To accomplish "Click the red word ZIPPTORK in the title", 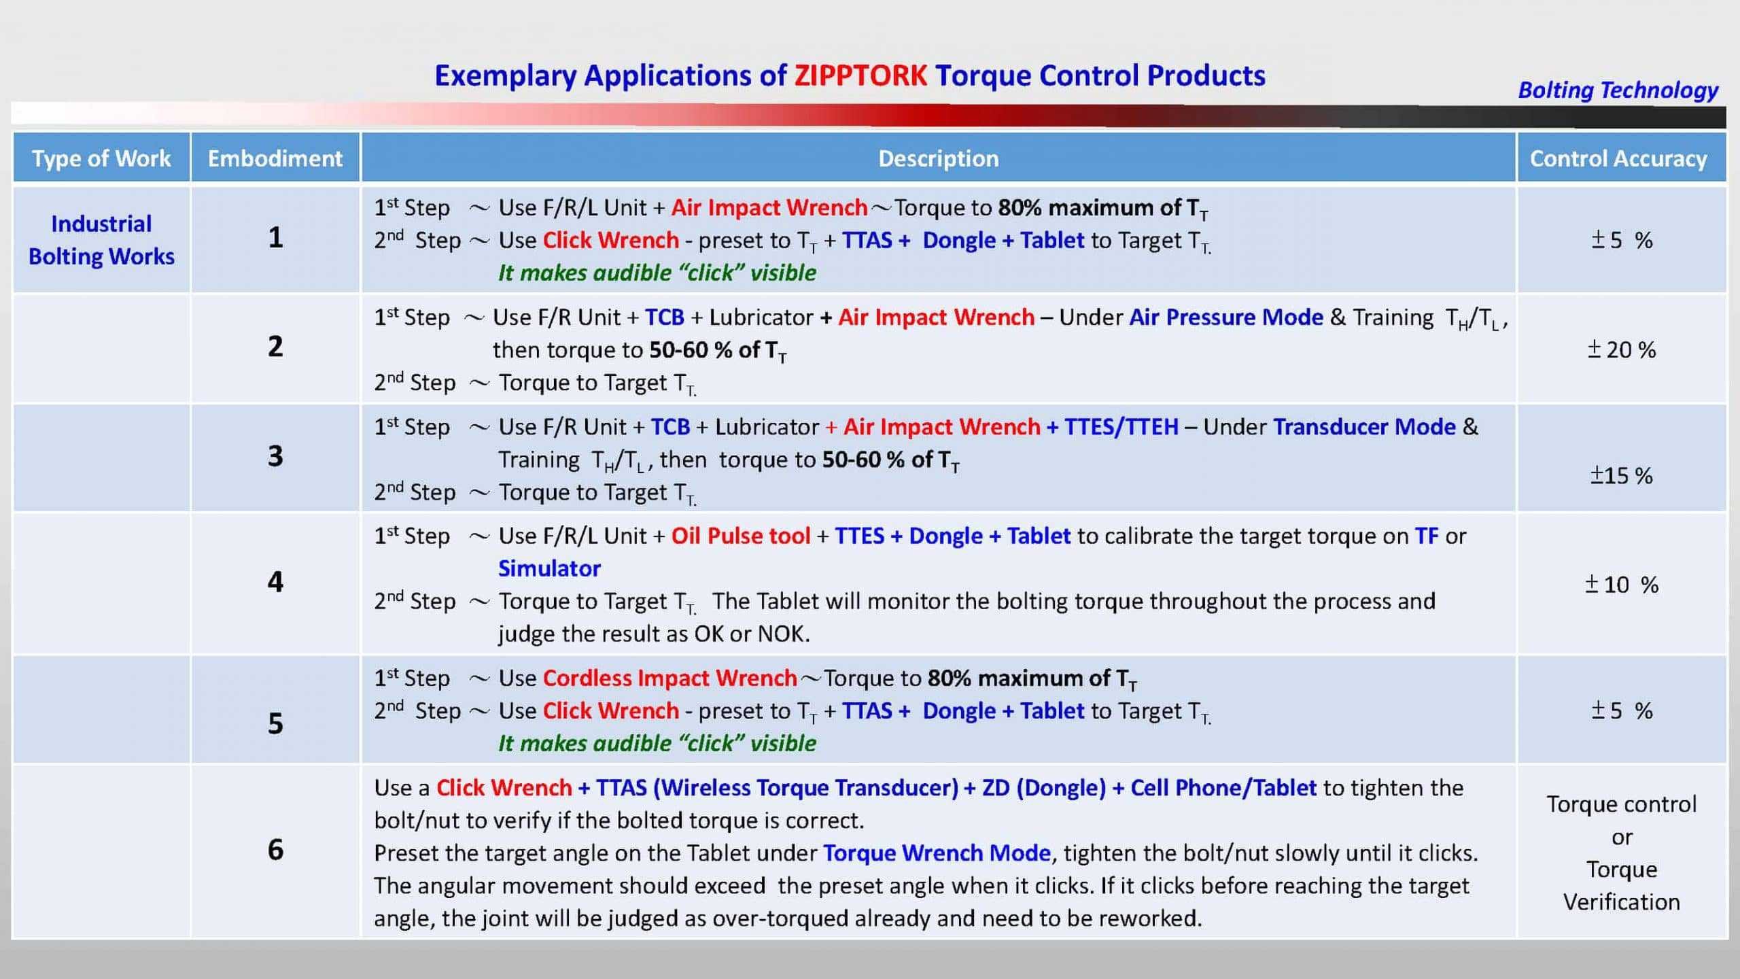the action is [x=860, y=75].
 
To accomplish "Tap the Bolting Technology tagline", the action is [x=1618, y=90].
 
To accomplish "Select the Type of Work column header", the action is [x=101, y=158].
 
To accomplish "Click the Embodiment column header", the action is [x=275, y=158].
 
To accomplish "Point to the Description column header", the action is [x=939, y=158].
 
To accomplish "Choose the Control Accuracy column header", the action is [x=1618, y=158].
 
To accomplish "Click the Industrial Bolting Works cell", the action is [x=101, y=240].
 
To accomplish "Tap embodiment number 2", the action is [x=275, y=347].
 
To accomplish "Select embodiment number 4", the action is [x=275, y=582].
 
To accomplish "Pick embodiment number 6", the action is [x=275, y=850].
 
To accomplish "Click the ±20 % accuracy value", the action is [x=1621, y=350].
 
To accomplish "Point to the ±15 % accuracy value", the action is [x=1621, y=475].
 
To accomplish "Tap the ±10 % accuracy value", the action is [x=1622, y=585].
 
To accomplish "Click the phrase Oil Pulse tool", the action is [x=741, y=536].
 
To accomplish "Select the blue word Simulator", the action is [x=549, y=568].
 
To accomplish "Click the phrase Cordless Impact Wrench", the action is [x=669, y=679].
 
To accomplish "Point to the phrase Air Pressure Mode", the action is [x=1226, y=317].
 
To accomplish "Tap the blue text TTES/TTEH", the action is [x=1121, y=427].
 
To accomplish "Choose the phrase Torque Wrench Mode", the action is [x=937, y=853].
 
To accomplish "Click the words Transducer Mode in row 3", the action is [x=1364, y=427].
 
